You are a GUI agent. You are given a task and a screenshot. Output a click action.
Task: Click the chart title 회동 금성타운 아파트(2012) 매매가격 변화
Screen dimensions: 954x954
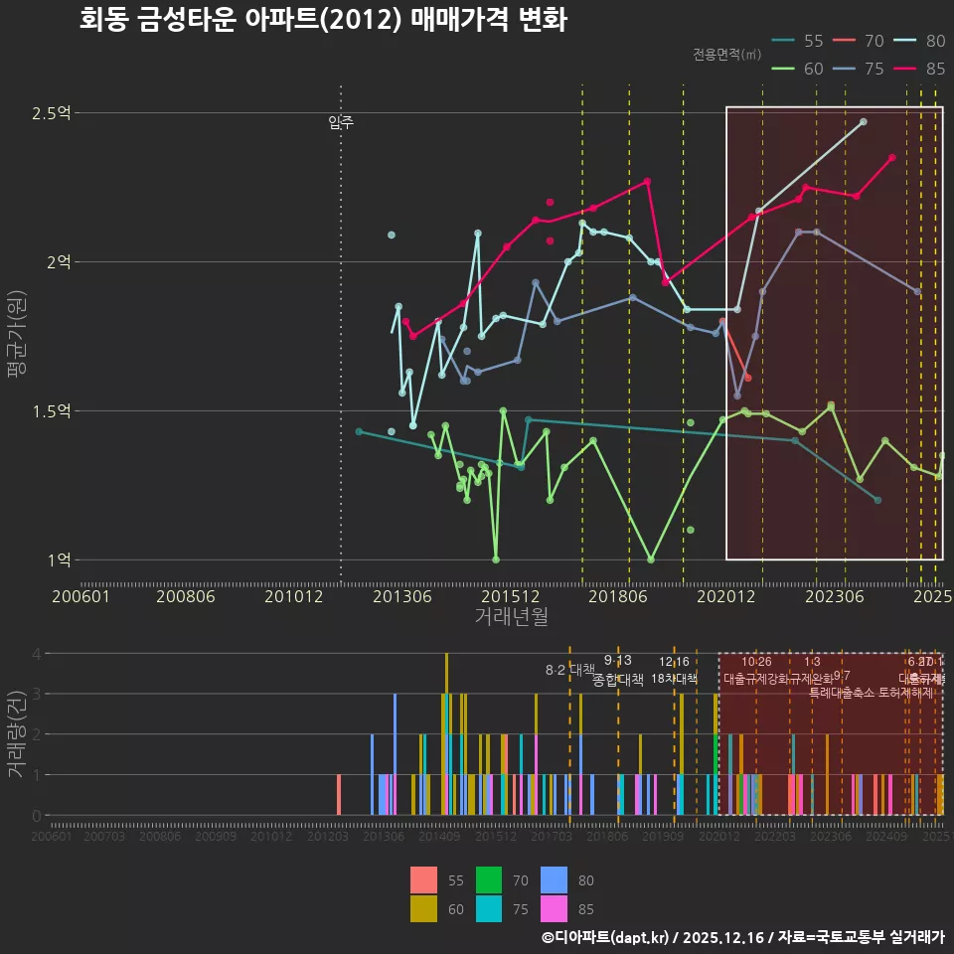coord(323,20)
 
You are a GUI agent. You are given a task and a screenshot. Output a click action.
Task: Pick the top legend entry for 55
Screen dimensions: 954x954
coord(799,41)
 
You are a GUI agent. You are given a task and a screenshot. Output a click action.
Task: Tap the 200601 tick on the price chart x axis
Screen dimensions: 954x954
coord(80,596)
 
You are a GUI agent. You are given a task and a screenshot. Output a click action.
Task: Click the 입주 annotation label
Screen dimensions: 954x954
coord(341,122)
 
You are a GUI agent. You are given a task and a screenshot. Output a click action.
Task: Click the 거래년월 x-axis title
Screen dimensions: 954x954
coord(511,617)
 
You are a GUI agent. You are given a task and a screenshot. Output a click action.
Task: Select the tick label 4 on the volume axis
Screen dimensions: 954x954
coord(37,654)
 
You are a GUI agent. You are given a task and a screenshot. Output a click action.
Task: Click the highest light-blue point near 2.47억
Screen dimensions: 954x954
coord(864,121)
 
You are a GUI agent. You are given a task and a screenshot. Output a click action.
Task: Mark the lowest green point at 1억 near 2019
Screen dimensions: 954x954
coord(651,559)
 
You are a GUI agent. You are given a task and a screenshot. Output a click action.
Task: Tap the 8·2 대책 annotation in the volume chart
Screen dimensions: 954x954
coord(569,670)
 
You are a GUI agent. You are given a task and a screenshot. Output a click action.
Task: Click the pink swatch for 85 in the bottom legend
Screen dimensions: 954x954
coord(554,908)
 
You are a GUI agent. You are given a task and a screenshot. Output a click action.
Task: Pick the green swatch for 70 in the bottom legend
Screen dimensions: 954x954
coord(489,880)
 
